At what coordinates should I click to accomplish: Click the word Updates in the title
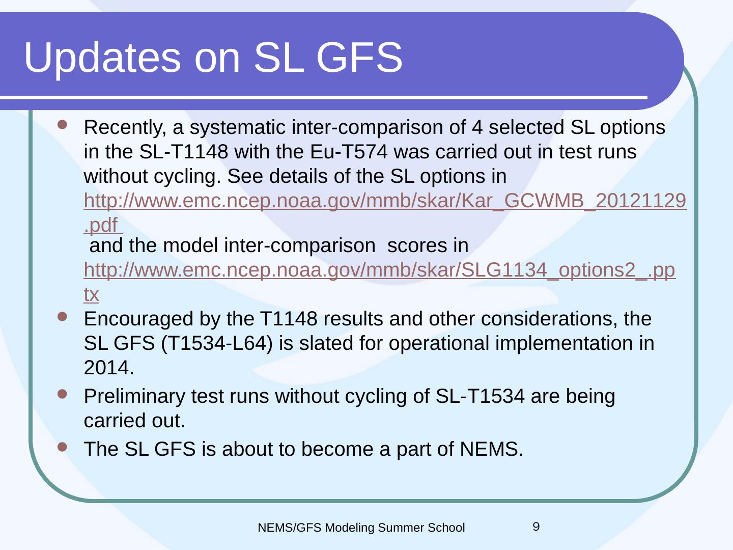[102, 58]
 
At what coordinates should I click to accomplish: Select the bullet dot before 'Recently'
[63, 125]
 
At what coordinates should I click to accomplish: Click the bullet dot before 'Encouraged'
[63, 317]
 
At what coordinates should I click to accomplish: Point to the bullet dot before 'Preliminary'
[63, 394]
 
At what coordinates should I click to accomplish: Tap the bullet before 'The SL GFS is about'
[63, 447]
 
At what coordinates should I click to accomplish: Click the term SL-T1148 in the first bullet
[184, 152]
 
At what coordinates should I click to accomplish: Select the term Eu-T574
[349, 152]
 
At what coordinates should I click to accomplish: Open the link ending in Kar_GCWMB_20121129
[385, 201]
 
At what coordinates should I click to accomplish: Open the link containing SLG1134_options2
[380, 270]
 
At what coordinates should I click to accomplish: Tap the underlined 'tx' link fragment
[91, 294]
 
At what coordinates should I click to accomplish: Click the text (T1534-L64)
[217, 343]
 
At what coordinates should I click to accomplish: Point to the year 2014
[109, 368]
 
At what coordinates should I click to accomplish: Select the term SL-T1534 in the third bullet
[480, 396]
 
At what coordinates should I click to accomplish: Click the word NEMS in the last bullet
[491, 449]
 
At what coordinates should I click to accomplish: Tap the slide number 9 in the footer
[536, 527]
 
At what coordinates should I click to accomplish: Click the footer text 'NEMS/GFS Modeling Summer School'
[361, 528]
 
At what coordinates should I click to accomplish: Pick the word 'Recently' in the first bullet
[125, 128]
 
